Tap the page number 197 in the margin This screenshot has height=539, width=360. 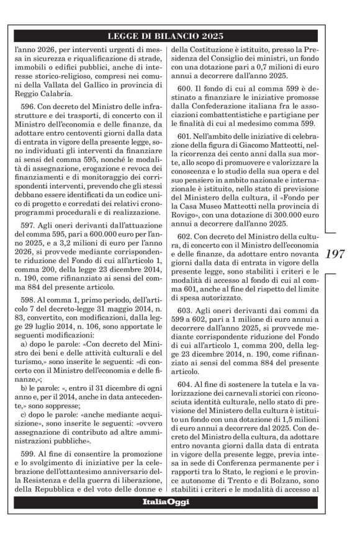(x=340, y=254)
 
